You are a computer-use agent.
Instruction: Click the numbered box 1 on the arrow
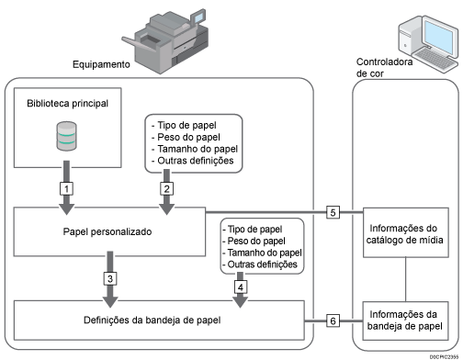click(66, 188)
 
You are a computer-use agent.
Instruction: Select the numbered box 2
click(166, 188)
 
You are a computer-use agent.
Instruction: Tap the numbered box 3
click(110, 278)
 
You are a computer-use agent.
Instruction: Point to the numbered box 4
click(241, 287)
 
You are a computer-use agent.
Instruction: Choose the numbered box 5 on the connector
click(333, 212)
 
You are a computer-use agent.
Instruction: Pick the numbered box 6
click(333, 321)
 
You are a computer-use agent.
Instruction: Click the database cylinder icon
click(67, 136)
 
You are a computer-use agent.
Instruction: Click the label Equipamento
click(101, 64)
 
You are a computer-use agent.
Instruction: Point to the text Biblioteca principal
click(67, 104)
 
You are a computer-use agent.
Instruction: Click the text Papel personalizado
click(107, 231)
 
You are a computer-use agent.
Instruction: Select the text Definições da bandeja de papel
click(152, 321)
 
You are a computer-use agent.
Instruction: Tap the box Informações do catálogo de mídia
click(406, 232)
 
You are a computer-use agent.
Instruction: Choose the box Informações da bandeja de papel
click(405, 321)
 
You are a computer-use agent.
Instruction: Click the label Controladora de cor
click(384, 68)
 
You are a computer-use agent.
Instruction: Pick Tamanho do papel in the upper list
click(198, 149)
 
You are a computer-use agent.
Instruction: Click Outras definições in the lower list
click(262, 264)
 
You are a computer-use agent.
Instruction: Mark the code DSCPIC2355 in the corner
click(444, 356)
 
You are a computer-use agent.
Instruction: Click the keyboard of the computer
click(435, 59)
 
